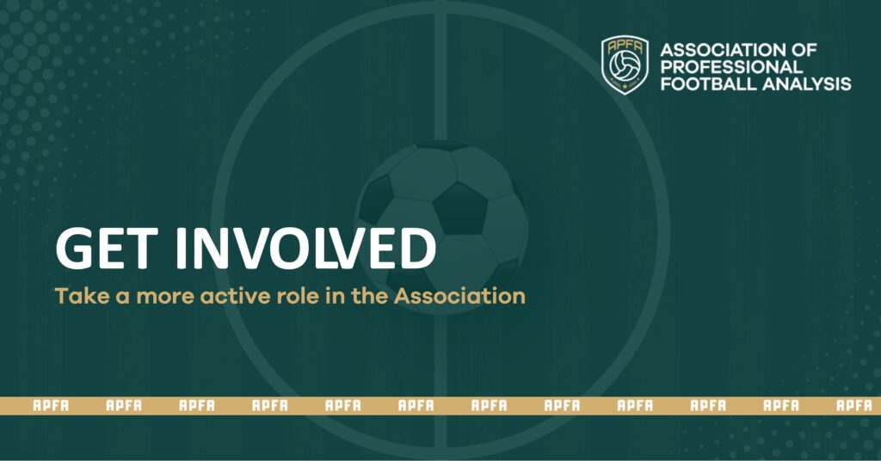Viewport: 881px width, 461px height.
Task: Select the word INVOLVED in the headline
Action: coord(305,248)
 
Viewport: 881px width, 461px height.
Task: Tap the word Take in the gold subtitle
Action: coord(77,297)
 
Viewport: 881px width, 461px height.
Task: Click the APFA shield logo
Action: coord(625,65)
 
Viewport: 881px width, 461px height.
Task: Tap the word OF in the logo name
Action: coord(805,50)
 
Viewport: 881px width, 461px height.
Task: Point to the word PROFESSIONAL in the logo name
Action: coord(731,67)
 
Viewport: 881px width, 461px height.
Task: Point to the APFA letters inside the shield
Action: coord(625,47)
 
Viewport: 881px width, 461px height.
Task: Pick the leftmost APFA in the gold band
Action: coord(51,405)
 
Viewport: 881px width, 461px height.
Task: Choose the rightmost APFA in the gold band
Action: coord(854,405)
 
